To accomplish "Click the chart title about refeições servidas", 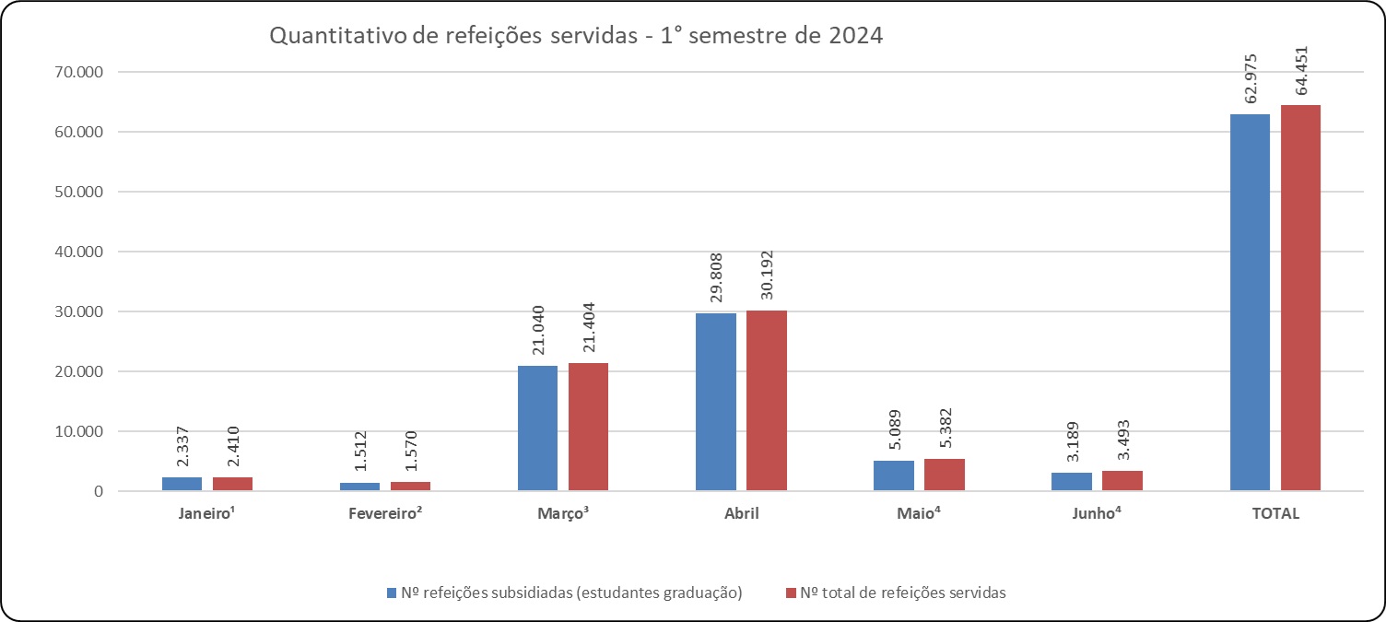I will tap(576, 37).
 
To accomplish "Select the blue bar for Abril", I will tap(716, 402).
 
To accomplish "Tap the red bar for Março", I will tap(588, 427).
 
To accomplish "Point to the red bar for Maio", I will tap(945, 475).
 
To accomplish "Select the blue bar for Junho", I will tap(1072, 481).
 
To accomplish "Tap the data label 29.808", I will tap(716, 275).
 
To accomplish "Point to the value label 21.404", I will tap(588, 327).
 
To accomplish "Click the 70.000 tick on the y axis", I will tap(78, 72).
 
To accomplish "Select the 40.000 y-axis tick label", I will tap(78, 252).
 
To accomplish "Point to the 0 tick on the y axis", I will tap(96, 491).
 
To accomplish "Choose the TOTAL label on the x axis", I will tap(1274, 514).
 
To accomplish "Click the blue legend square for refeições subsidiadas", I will tap(392, 593).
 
